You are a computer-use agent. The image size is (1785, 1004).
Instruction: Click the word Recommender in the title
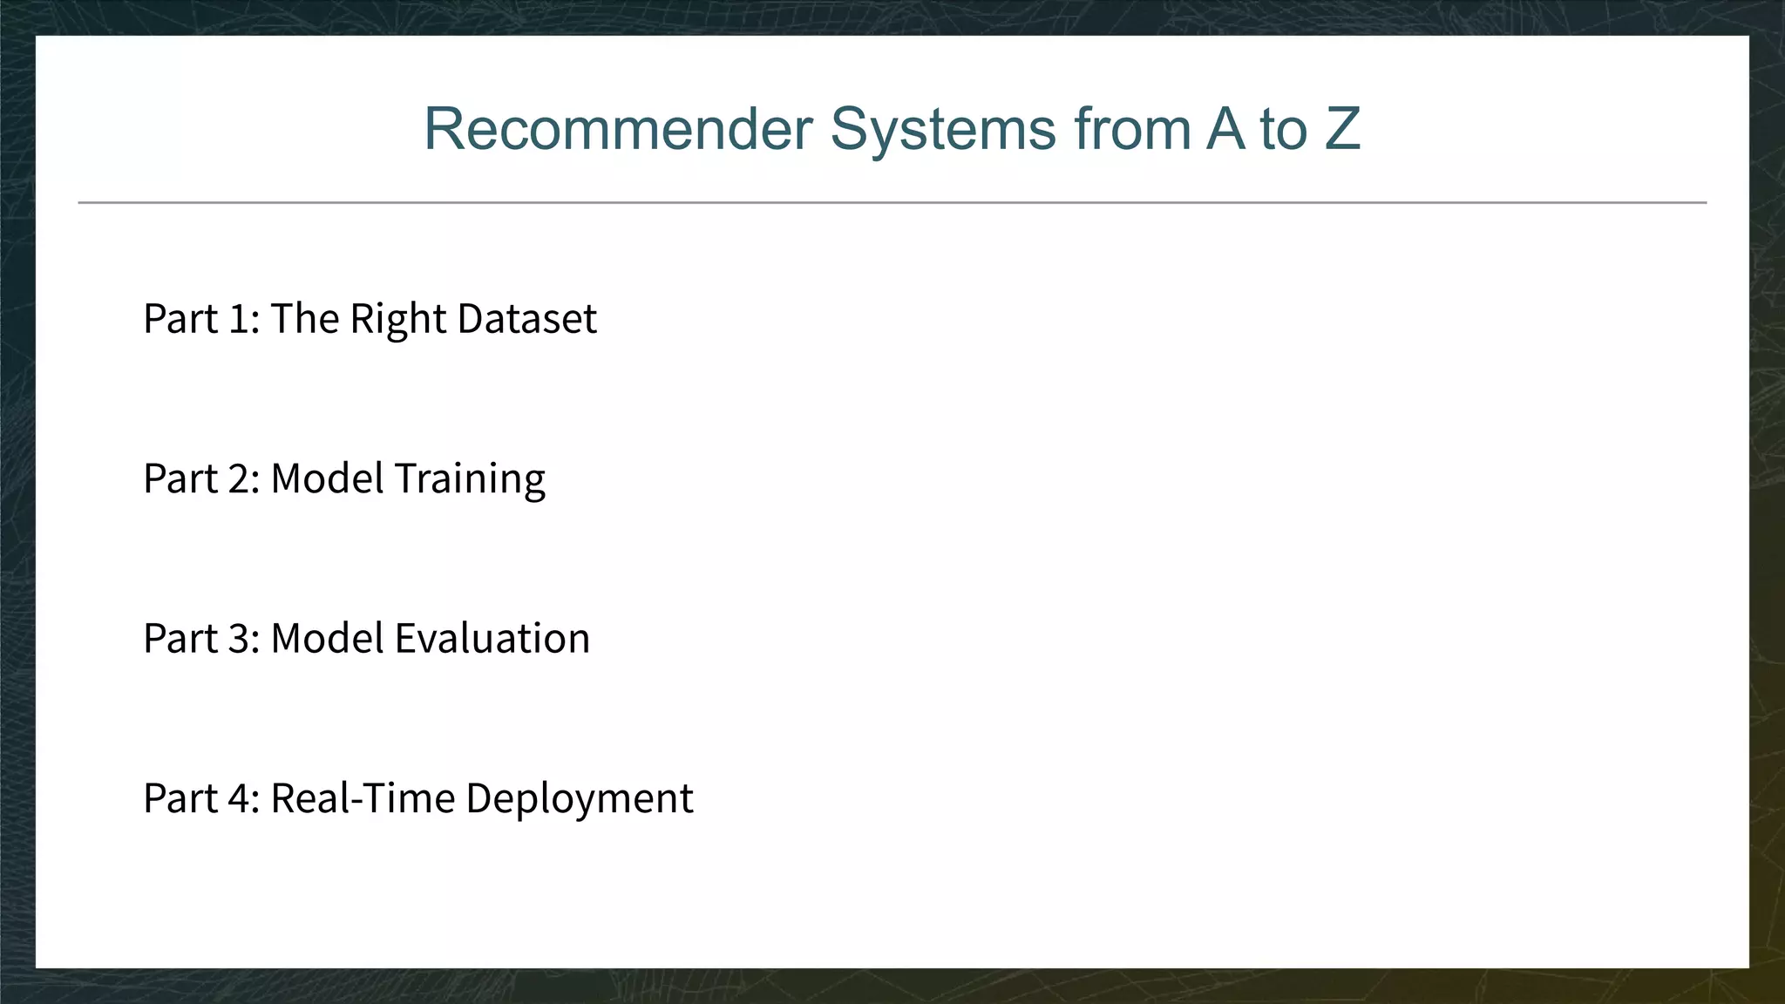click(x=618, y=129)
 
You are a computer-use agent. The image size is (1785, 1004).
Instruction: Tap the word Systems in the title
click(x=943, y=129)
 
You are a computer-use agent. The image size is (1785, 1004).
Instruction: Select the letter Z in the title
click(x=1342, y=129)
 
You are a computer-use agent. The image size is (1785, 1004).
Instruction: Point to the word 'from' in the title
click(x=1131, y=129)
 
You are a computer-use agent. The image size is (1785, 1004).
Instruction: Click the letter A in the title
click(x=1225, y=129)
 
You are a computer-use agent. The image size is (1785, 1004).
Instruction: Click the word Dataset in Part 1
click(x=526, y=318)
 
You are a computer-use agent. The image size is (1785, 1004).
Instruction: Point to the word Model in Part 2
click(x=327, y=478)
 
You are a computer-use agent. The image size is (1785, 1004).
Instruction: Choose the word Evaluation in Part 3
click(x=492, y=638)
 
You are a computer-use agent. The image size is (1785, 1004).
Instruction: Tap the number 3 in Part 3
click(x=241, y=638)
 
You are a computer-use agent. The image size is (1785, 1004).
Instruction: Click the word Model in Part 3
click(x=327, y=638)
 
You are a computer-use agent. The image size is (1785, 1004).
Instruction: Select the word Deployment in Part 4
click(x=580, y=799)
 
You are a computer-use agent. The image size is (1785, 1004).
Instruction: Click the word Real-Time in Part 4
click(x=363, y=798)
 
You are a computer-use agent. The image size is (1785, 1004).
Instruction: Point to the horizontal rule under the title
click(x=892, y=202)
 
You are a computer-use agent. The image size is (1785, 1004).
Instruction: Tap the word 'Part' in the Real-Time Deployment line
click(x=180, y=798)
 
